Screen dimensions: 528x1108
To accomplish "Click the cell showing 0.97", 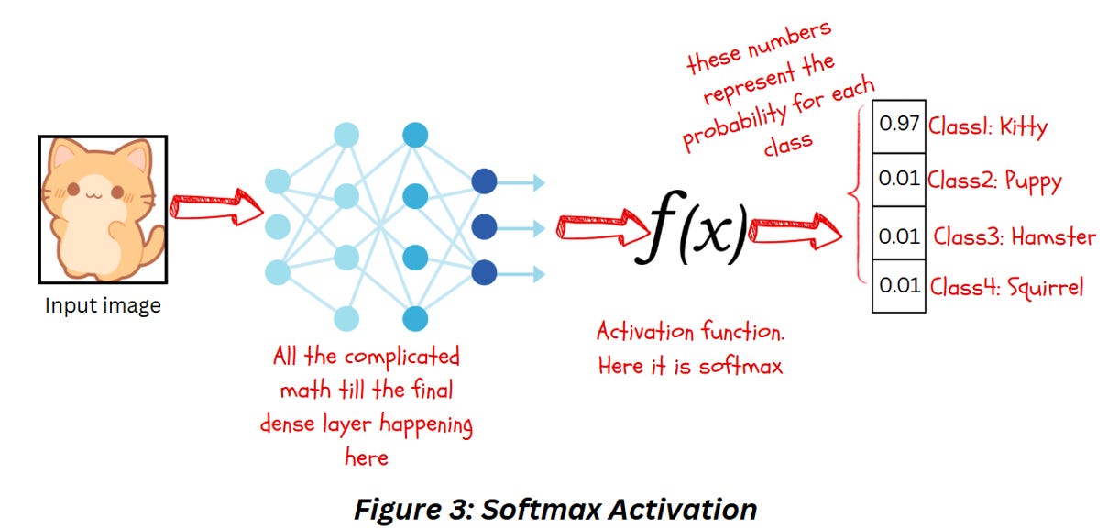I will click(x=898, y=126).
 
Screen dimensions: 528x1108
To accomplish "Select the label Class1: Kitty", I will click(x=987, y=126).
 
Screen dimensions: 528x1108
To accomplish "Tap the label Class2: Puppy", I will click(x=994, y=180).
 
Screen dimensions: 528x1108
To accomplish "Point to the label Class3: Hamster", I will click(x=1015, y=236).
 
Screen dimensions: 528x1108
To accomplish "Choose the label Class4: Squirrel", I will click(x=1006, y=288).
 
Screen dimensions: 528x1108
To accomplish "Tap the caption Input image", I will click(x=103, y=306).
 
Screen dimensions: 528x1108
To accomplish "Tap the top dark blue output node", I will click(x=484, y=182).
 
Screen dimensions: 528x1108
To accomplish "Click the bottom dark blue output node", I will click(x=484, y=272).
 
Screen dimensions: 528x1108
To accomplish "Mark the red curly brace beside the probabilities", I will click(x=858, y=193).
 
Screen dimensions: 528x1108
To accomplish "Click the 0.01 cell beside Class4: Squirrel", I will click(x=898, y=286).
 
